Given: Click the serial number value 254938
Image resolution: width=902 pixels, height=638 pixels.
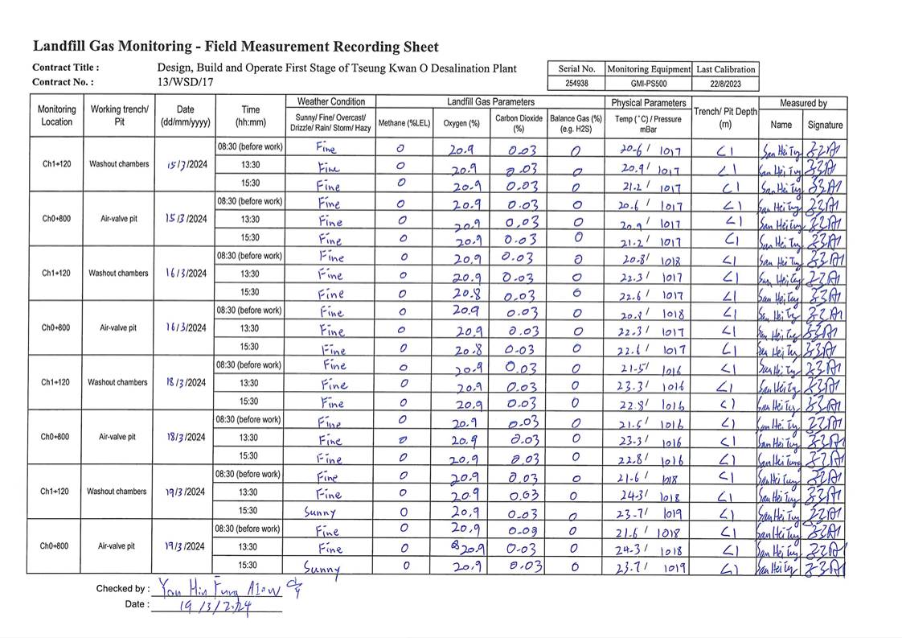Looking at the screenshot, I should (576, 84).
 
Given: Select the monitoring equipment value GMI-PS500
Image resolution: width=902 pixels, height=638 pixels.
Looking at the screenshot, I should (648, 84).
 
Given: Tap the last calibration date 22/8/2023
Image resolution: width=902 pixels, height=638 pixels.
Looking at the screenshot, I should (725, 84).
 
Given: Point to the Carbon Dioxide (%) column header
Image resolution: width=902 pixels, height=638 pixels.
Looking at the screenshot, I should (519, 122).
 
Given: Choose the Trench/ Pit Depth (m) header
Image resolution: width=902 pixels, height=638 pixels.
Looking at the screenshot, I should (725, 117).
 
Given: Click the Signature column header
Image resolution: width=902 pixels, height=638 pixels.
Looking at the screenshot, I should (825, 125).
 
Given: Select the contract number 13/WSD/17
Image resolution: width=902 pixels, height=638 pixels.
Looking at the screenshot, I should (186, 82).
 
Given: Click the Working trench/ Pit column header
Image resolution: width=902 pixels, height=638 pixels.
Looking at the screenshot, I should (119, 116).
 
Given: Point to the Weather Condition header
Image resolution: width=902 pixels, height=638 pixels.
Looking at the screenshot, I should (330, 101).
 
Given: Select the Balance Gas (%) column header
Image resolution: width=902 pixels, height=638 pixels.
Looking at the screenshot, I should (576, 123).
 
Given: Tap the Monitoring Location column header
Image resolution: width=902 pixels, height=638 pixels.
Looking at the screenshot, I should (57, 116).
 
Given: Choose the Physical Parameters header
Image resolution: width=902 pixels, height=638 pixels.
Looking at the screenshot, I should (648, 103).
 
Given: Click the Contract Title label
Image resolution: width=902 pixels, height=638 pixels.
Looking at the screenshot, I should (65, 68).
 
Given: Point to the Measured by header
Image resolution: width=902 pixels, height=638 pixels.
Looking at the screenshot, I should (803, 103).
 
